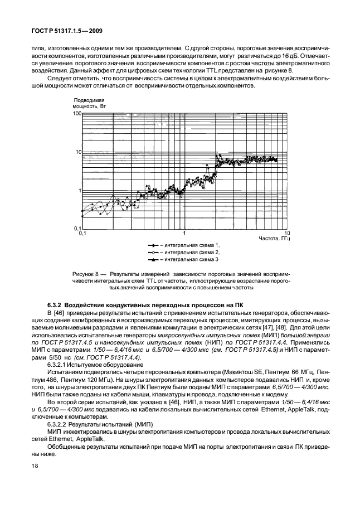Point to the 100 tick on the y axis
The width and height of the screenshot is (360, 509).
tap(76, 113)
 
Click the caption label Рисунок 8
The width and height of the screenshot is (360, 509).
tap(87, 274)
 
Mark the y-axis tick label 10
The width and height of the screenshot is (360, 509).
tap(77, 152)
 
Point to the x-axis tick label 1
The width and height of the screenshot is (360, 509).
tap(184, 232)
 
